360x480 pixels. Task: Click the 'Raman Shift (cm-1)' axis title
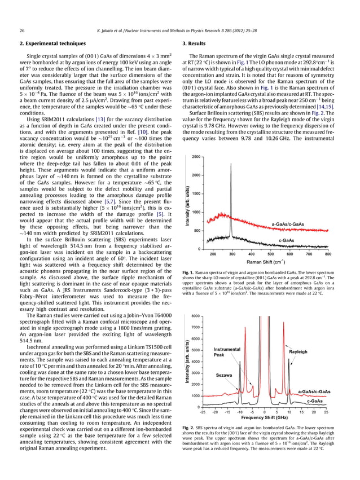pos(269,261)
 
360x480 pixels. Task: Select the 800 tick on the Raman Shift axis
pos(328,254)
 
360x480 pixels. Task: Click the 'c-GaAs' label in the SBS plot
pos(315,401)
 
